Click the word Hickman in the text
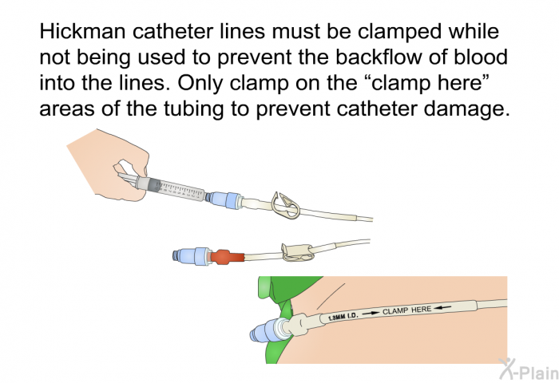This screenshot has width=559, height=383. [x=82, y=31]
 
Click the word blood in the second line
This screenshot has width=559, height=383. [x=481, y=57]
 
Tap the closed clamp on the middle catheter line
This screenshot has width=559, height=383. [x=297, y=251]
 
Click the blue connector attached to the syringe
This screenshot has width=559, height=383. [x=224, y=200]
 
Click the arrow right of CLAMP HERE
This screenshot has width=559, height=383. [x=443, y=306]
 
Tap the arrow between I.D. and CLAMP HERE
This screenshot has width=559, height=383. [x=371, y=313]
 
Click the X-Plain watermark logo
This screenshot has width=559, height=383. [x=529, y=369]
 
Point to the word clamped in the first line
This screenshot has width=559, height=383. [x=401, y=32]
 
